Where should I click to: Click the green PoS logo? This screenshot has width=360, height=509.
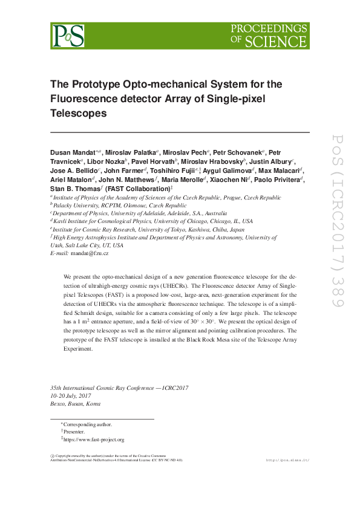tap(67, 36)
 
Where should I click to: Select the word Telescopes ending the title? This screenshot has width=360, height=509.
tap(78, 112)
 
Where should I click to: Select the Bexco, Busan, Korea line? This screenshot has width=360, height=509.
tap(76, 404)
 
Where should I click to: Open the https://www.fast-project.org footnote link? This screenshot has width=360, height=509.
tap(94, 439)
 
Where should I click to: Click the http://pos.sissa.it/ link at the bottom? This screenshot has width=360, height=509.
tap(287, 460)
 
